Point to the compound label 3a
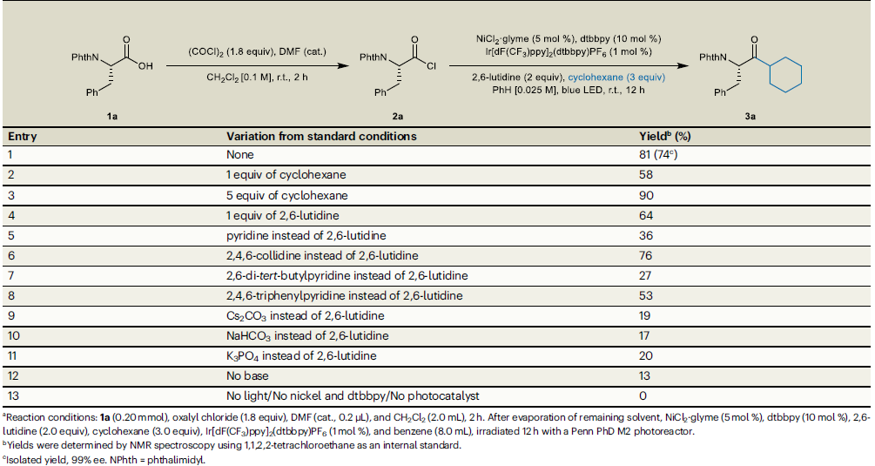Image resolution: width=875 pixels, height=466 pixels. click(x=750, y=115)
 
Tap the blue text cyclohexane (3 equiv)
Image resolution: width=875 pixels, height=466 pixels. click(x=619, y=76)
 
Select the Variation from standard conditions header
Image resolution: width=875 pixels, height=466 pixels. click(x=321, y=137)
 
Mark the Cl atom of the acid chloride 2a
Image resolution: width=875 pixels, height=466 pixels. click(x=441, y=64)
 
